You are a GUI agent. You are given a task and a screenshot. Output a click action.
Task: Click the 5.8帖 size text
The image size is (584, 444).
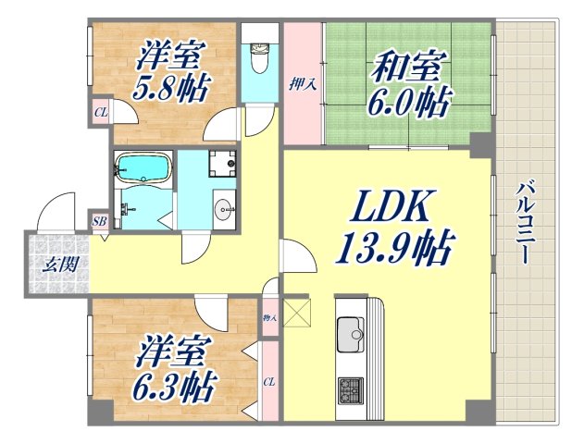[x=172, y=89]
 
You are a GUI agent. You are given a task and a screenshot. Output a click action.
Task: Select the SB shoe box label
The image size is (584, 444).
[x=99, y=221]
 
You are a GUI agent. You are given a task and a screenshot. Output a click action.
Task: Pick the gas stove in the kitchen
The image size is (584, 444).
[x=350, y=388]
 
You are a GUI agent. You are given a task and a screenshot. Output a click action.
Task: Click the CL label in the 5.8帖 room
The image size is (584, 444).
[x=100, y=116]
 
